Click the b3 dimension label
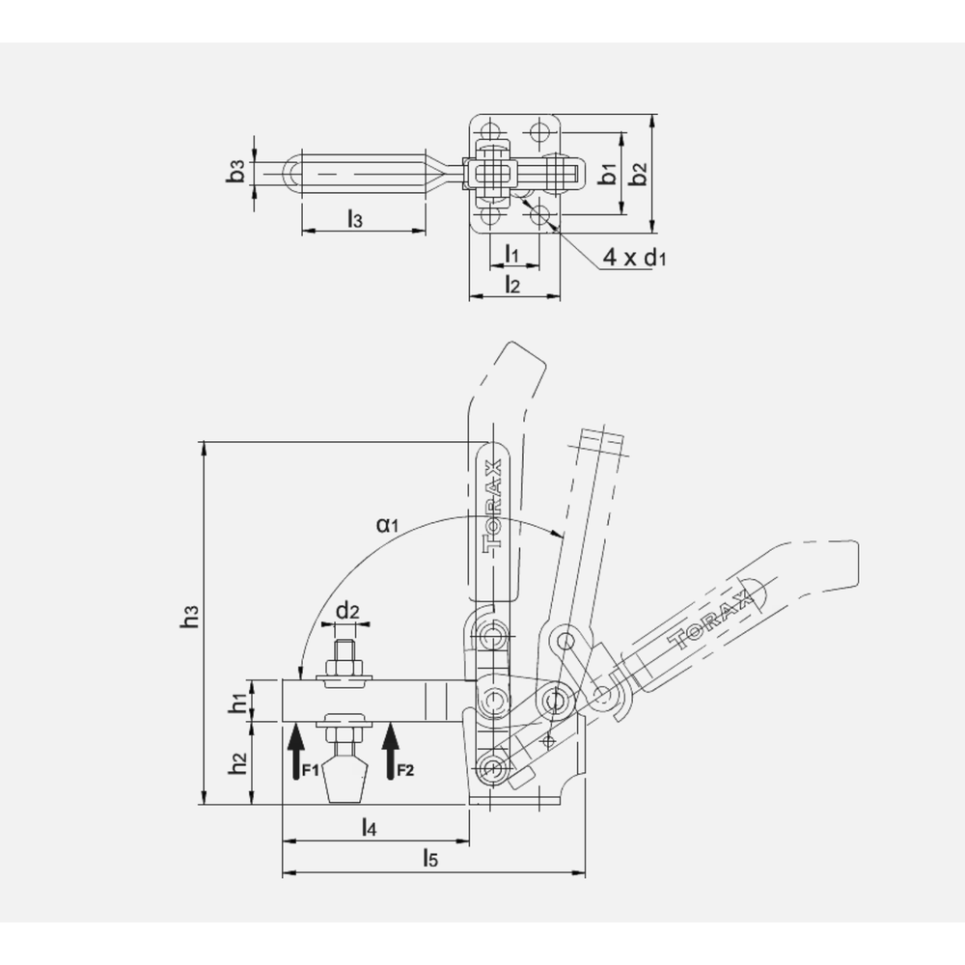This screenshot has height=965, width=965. click(x=235, y=174)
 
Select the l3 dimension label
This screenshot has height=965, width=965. click(x=354, y=218)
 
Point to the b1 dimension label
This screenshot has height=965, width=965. click(x=607, y=175)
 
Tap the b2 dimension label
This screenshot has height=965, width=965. click(x=637, y=175)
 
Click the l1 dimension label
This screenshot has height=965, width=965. click(x=513, y=254)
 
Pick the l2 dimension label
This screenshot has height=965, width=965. click(x=513, y=284)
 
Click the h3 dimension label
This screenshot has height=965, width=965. click(x=190, y=618)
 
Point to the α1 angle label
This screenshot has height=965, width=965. click(x=388, y=525)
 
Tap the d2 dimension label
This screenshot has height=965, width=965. click(x=347, y=611)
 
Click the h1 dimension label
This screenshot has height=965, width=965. click(x=236, y=703)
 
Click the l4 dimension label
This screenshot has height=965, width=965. click(x=369, y=827)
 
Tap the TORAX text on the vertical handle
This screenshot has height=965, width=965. click(x=493, y=504)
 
